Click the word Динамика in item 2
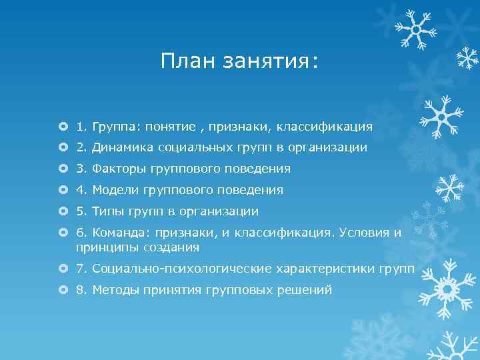[x=121, y=147]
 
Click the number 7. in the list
[x=82, y=269]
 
